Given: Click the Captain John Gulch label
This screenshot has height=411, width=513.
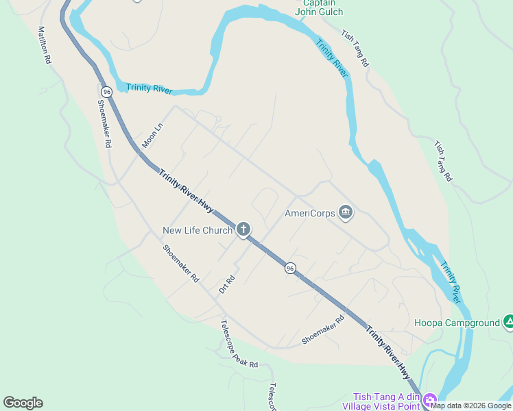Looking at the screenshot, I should click(319, 7).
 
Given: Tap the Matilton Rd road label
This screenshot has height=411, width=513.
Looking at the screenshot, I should click(45, 46).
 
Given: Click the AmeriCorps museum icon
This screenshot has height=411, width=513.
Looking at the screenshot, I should click(345, 213).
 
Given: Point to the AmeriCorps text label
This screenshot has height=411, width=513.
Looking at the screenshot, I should click(310, 213).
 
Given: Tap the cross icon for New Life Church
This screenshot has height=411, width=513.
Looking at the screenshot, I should click(243, 229).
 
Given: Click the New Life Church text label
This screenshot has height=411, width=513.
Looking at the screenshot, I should click(198, 230).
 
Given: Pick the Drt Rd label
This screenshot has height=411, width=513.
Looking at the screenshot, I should click(227, 284).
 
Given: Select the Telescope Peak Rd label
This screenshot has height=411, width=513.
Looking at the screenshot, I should click(239, 345).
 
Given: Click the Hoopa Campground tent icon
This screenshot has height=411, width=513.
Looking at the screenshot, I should click(509, 321).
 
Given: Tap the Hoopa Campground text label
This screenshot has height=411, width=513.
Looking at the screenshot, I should click(457, 322).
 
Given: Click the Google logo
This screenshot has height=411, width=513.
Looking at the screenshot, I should click(23, 403).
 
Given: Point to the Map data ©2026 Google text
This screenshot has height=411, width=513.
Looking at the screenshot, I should click(470, 406).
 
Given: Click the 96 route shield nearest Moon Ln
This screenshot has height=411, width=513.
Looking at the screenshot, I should click(106, 91).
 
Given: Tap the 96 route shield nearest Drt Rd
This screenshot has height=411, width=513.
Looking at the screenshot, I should click(291, 268).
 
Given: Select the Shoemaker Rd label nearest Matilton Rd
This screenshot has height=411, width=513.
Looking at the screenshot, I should click(104, 122).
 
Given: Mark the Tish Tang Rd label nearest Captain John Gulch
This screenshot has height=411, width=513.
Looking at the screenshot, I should click(355, 48).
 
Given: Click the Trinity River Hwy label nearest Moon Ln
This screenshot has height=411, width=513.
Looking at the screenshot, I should click(187, 191).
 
